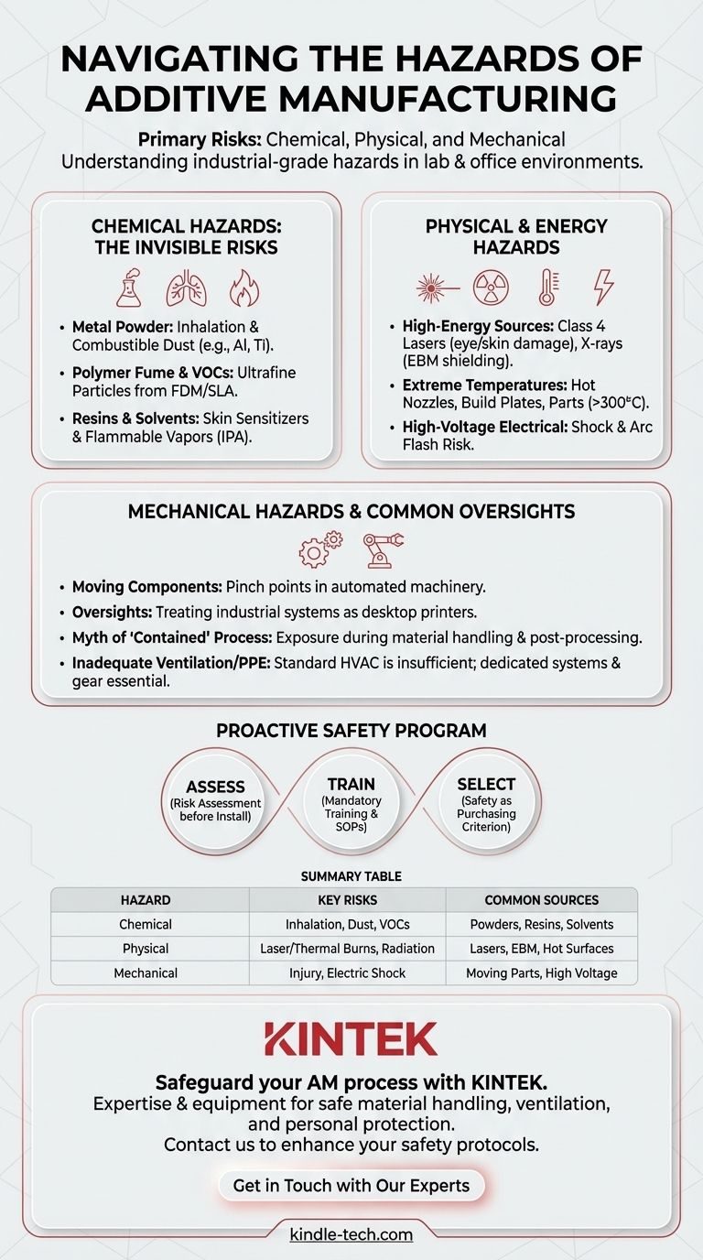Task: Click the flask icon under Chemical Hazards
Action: click(129, 288)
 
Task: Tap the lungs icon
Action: click(186, 288)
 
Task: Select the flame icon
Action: click(243, 288)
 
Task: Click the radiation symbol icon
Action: click(490, 288)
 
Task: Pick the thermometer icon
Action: click(548, 288)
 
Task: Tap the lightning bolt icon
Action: click(604, 288)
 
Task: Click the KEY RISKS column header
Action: click(347, 900)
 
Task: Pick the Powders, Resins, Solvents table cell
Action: click(540, 924)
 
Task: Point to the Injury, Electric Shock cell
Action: click(347, 972)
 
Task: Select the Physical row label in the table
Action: click(146, 949)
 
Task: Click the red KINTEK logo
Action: click(351, 1038)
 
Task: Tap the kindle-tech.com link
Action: click(351, 1234)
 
